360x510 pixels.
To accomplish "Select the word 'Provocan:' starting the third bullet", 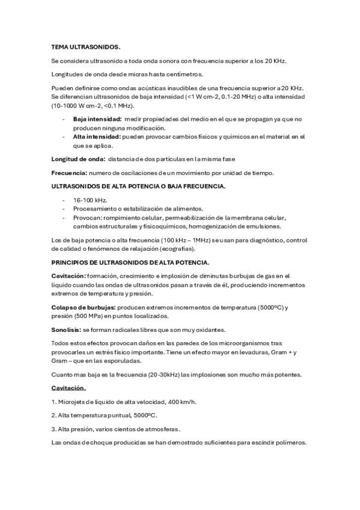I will coord(87,218).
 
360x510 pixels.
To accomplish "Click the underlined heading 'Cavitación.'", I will coord(69,388).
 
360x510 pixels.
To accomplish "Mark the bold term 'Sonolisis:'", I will coord(66,330).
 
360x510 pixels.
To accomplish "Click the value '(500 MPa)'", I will coord(87,316).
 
